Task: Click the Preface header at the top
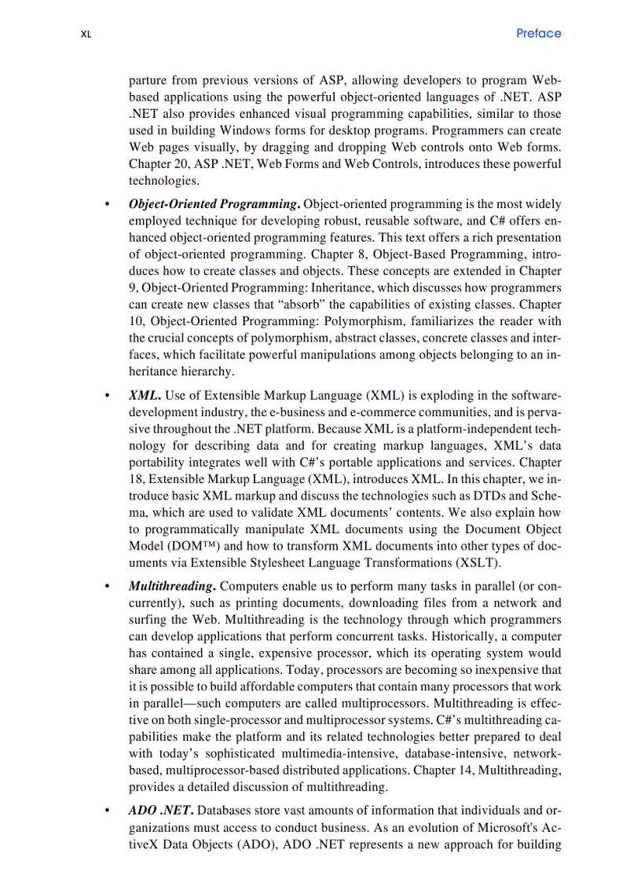tap(539, 33)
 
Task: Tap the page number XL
tap(86, 35)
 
